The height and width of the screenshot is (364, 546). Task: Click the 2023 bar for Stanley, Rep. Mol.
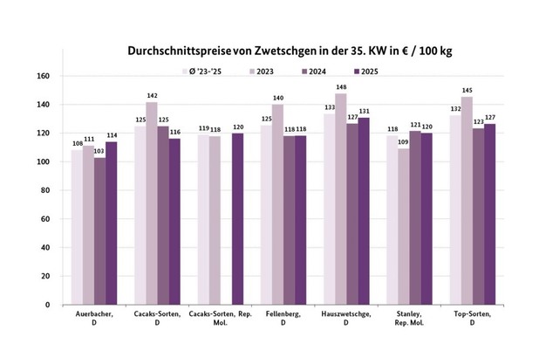[x=402, y=227]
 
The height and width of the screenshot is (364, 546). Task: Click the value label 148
[x=340, y=87]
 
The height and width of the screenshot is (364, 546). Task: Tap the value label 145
[x=466, y=92]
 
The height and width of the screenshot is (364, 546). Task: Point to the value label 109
[x=402, y=143]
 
